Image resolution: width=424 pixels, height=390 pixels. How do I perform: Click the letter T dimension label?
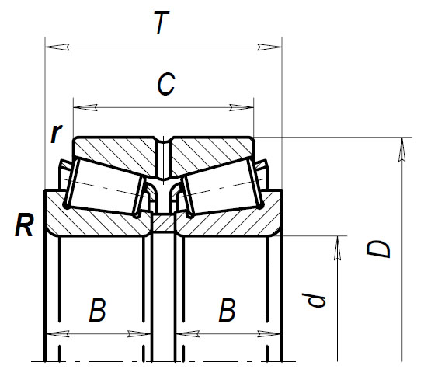click(161, 25)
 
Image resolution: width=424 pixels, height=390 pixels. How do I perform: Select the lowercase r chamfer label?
click(55, 134)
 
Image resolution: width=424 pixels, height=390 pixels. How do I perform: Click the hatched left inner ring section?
click(93, 220)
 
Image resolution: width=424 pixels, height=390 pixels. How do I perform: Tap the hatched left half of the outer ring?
click(116, 151)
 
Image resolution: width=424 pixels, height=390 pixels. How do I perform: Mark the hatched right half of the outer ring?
click(210, 151)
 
